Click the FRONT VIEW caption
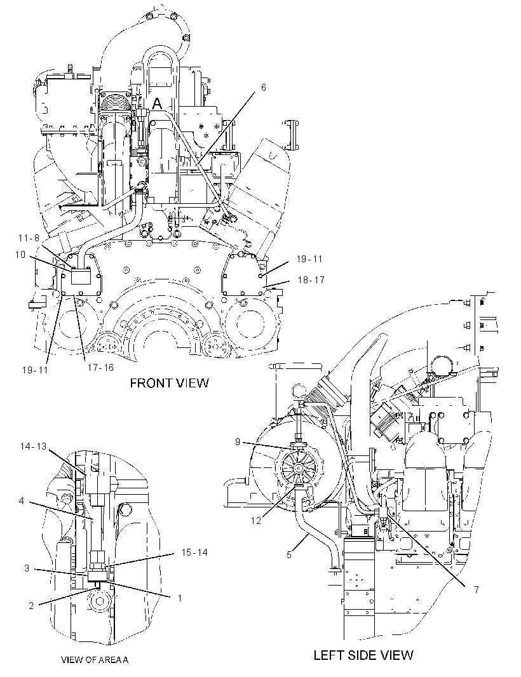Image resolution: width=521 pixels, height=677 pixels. tap(170, 383)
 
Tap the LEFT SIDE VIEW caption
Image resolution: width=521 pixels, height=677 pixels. tap(363, 655)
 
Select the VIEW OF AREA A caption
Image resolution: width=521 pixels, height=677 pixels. tap(95, 659)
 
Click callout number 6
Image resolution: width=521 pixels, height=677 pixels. tap(263, 88)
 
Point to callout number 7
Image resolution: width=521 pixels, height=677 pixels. tap(477, 589)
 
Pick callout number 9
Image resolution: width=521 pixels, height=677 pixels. tap(238, 441)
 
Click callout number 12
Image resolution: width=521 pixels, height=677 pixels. tap(256, 520)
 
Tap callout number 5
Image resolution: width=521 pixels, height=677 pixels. tap(289, 555)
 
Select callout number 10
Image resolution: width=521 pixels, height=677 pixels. tap(20, 255)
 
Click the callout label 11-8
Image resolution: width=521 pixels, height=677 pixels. tap(29, 238)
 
